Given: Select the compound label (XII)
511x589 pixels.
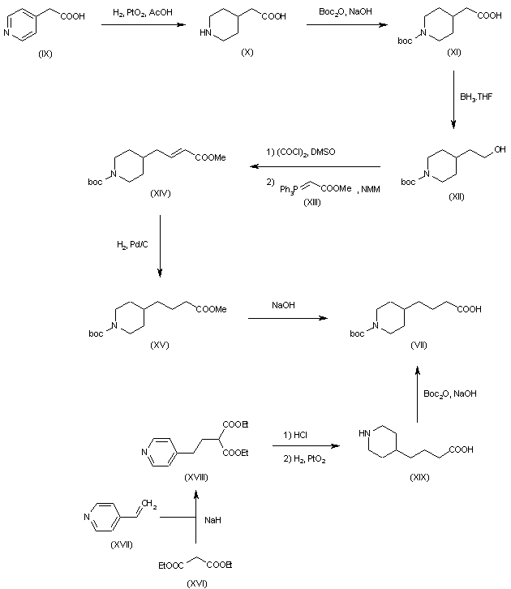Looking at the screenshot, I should click(456, 198).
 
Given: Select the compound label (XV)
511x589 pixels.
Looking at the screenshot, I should click(159, 345).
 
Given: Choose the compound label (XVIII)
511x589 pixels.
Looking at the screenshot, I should click(196, 477).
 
